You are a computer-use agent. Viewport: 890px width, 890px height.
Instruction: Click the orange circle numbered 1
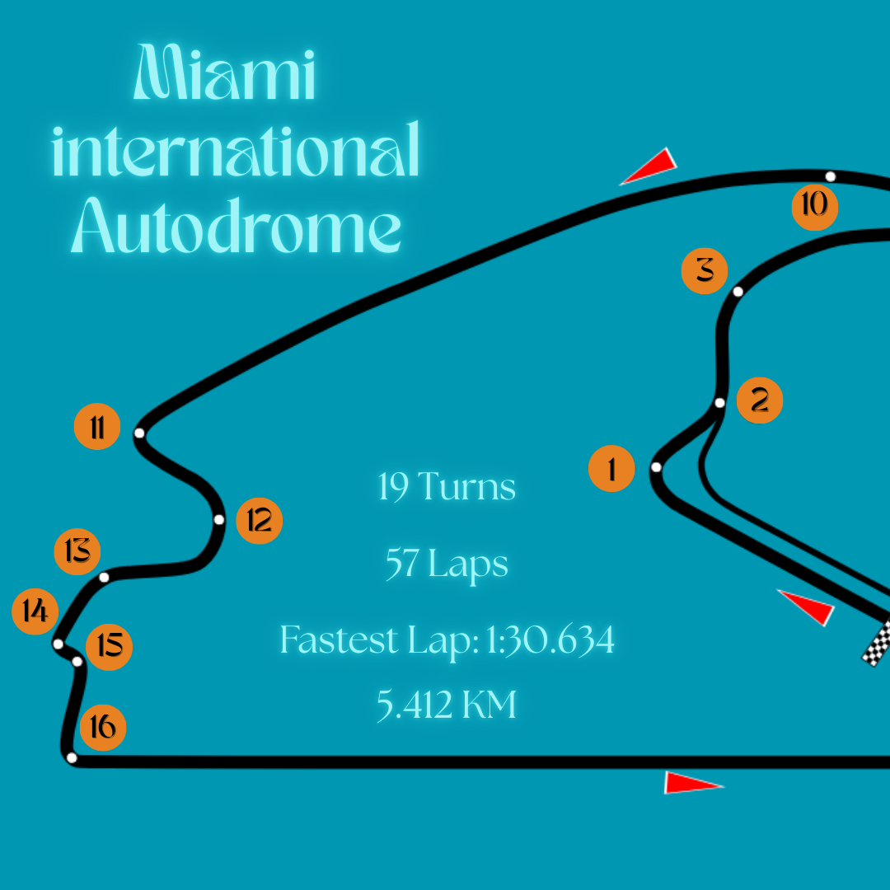point(611,469)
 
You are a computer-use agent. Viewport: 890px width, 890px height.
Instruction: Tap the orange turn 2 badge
point(759,400)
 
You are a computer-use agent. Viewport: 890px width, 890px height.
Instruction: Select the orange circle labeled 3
point(705,269)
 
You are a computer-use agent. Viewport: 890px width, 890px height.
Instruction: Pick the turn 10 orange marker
point(814,206)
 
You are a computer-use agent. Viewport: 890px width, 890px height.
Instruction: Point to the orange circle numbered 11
point(97,429)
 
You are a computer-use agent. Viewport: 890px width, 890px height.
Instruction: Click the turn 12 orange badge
point(260,521)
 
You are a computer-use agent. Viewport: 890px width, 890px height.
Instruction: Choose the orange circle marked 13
point(77,550)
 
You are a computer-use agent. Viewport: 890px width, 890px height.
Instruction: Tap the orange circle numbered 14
point(35,611)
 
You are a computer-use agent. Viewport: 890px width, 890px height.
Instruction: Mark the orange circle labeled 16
point(103,727)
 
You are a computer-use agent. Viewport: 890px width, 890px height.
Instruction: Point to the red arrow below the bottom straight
point(693,783)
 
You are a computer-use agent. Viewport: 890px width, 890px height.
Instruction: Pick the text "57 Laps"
point(447,565)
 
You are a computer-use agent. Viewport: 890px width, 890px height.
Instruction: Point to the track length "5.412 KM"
point(447,705)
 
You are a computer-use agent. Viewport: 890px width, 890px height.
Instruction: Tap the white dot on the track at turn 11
point(139,433)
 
